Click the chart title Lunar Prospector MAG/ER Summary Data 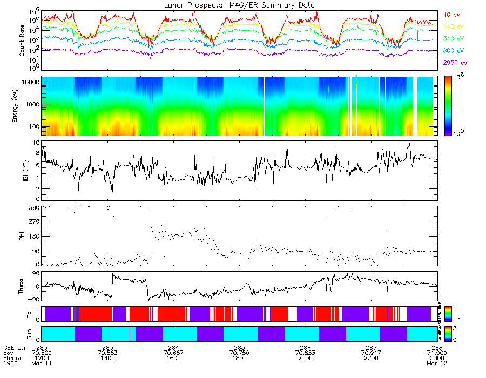(239, 5)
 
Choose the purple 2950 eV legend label (455, 63)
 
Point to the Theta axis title (22, 287)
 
